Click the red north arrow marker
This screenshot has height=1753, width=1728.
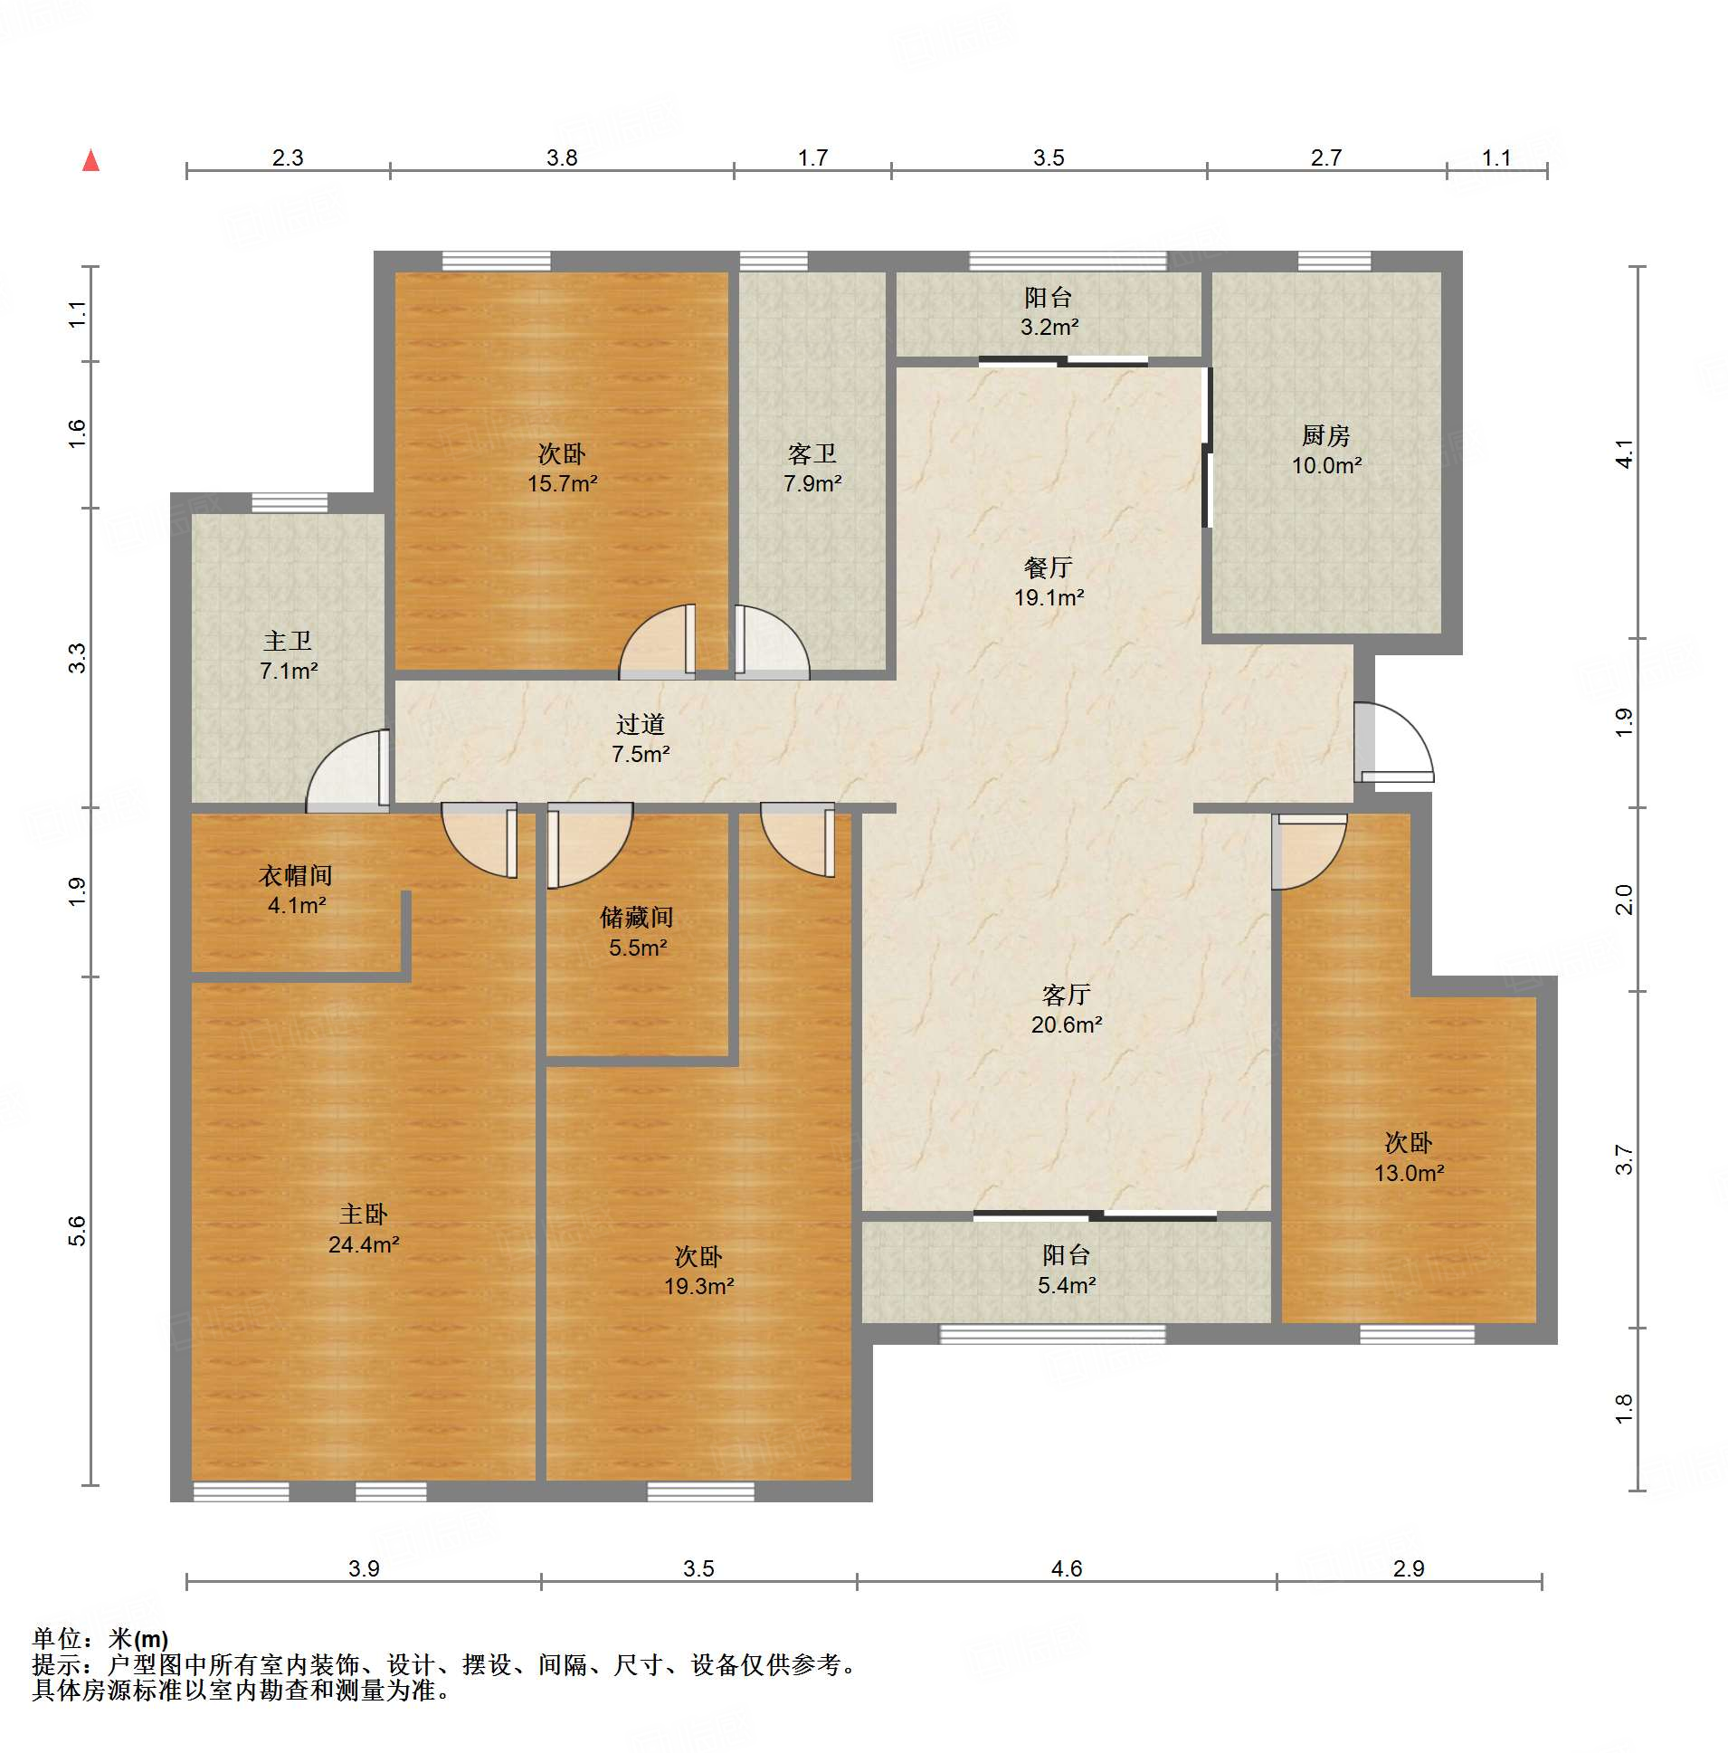[90, 160]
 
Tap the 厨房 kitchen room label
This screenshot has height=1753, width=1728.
[1325, 435]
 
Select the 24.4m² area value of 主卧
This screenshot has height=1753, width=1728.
[364, 1245]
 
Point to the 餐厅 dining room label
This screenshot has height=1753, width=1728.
[1049, 567]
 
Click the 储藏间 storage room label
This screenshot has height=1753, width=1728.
[637, 918]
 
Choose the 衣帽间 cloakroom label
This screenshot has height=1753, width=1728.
[296, 875]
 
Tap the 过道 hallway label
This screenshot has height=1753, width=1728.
[641, 724]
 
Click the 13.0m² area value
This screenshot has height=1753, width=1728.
[1409, 1173]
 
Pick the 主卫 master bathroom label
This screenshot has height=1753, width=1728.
[288, 642]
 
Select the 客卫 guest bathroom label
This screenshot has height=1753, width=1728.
[812, 453]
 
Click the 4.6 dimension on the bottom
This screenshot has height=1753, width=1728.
[1067, 1568]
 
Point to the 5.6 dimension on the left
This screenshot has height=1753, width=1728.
[77, 1232]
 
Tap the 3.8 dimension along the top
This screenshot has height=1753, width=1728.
[562, 157]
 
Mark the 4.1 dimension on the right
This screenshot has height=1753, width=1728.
[1624, 453]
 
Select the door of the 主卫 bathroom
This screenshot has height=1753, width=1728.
[348, 771]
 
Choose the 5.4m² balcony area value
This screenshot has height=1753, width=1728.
[1067, 1285]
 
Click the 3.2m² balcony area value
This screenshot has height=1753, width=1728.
[1049, 327]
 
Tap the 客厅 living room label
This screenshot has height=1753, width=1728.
[1066, 996]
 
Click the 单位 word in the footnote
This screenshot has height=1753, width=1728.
[56, 1639]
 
